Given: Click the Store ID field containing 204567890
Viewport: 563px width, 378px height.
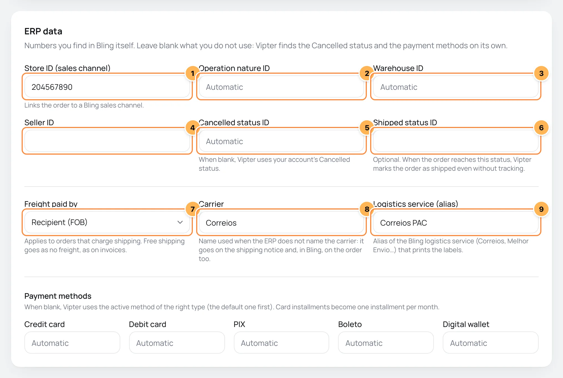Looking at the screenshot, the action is (x=107, y=87).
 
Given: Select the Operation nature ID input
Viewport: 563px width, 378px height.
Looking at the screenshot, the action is (x=281, y=87).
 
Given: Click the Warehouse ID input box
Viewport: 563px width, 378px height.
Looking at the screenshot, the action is (x=455, y=87).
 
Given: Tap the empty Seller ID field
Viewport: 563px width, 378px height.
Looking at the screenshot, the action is (x=107, y=141).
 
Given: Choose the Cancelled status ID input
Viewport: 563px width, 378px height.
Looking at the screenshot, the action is (x=281, y=141).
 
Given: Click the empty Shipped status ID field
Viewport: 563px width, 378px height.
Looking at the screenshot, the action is (x=455, y=141).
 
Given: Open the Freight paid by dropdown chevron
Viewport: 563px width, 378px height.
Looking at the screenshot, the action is (x=180, y=222).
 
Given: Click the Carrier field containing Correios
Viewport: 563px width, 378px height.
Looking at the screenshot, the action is (x=281, y=223).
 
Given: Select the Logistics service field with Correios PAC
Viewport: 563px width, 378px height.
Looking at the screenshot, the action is (x=455, y=223).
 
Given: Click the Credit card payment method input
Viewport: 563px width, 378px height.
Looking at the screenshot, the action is (x=72, y=343).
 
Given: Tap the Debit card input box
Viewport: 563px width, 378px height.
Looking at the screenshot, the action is (x=177, y=343).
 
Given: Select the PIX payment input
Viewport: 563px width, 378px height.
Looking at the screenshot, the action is (x=281, y=343).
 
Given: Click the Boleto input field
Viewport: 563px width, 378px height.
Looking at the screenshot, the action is (x=386, y=343).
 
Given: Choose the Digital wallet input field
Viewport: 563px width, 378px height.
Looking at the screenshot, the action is (x=491, y=343).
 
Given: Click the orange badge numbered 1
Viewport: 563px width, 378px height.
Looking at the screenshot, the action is (x=193, y=73).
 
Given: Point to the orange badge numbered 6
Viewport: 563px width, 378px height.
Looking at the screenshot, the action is (x=541, y=128).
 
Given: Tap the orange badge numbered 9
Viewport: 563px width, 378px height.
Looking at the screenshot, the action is (x=541, y=209).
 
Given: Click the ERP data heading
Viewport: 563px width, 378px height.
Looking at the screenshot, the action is (x=43, y=31).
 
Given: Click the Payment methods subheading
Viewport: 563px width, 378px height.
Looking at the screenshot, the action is (x=58, y=296).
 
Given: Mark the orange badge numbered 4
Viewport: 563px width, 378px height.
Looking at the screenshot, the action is (x=193, y=128).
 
